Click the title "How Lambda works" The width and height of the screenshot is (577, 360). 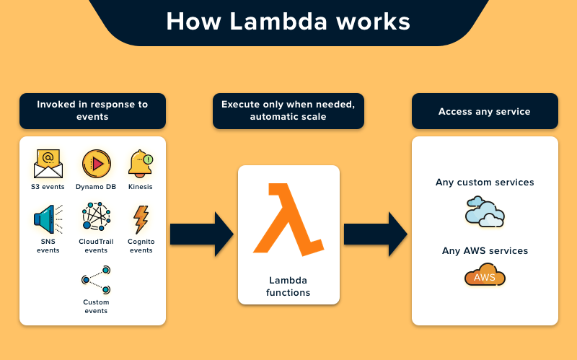click(288, 21)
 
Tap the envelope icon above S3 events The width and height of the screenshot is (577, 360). click(48, 164)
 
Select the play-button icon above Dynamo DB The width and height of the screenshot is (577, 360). click(96, 164)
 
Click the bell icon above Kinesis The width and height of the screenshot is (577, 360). click(141, 164)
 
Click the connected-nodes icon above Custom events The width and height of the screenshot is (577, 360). click(96, 278)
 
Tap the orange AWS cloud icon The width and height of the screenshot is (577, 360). click(485, 276)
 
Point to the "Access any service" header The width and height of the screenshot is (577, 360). click(485, 112)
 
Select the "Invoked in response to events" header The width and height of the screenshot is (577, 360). click(92, 110)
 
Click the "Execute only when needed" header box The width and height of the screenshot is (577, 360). click(288, 110)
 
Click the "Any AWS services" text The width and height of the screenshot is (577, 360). click(485, 251)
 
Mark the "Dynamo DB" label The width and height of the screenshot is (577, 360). click(96, 187)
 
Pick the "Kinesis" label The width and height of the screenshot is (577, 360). click(141, 187)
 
